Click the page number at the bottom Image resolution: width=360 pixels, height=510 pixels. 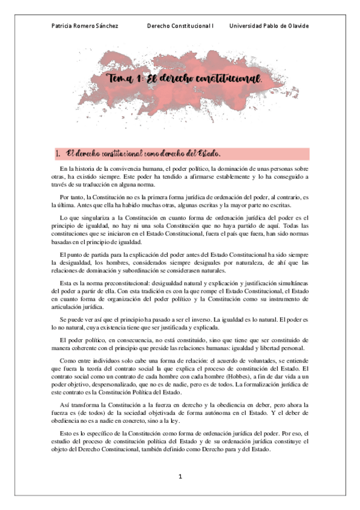[180, 476]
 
